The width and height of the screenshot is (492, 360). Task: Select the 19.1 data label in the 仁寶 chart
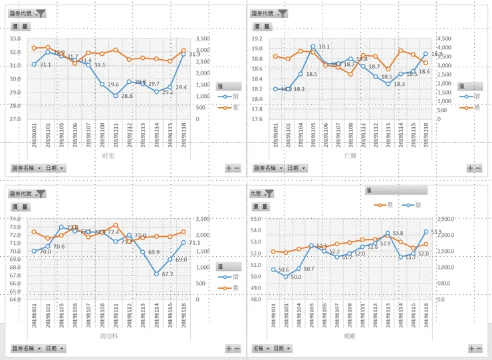coord(324,47)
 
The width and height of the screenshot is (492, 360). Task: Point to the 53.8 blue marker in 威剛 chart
coord(387,234)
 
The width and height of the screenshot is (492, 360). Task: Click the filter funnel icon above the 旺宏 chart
coord(41,13)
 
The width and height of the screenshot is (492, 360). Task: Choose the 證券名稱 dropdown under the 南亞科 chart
coord(26,348)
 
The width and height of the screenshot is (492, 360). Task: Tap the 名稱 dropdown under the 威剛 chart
coord(260,348)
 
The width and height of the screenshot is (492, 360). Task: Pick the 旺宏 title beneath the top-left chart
coord(108,156)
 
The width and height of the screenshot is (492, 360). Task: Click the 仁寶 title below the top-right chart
coord(350,156)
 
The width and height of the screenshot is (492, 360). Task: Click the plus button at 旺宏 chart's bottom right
coord(229,168)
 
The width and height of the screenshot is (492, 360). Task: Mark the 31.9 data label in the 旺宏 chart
coord(195,55)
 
